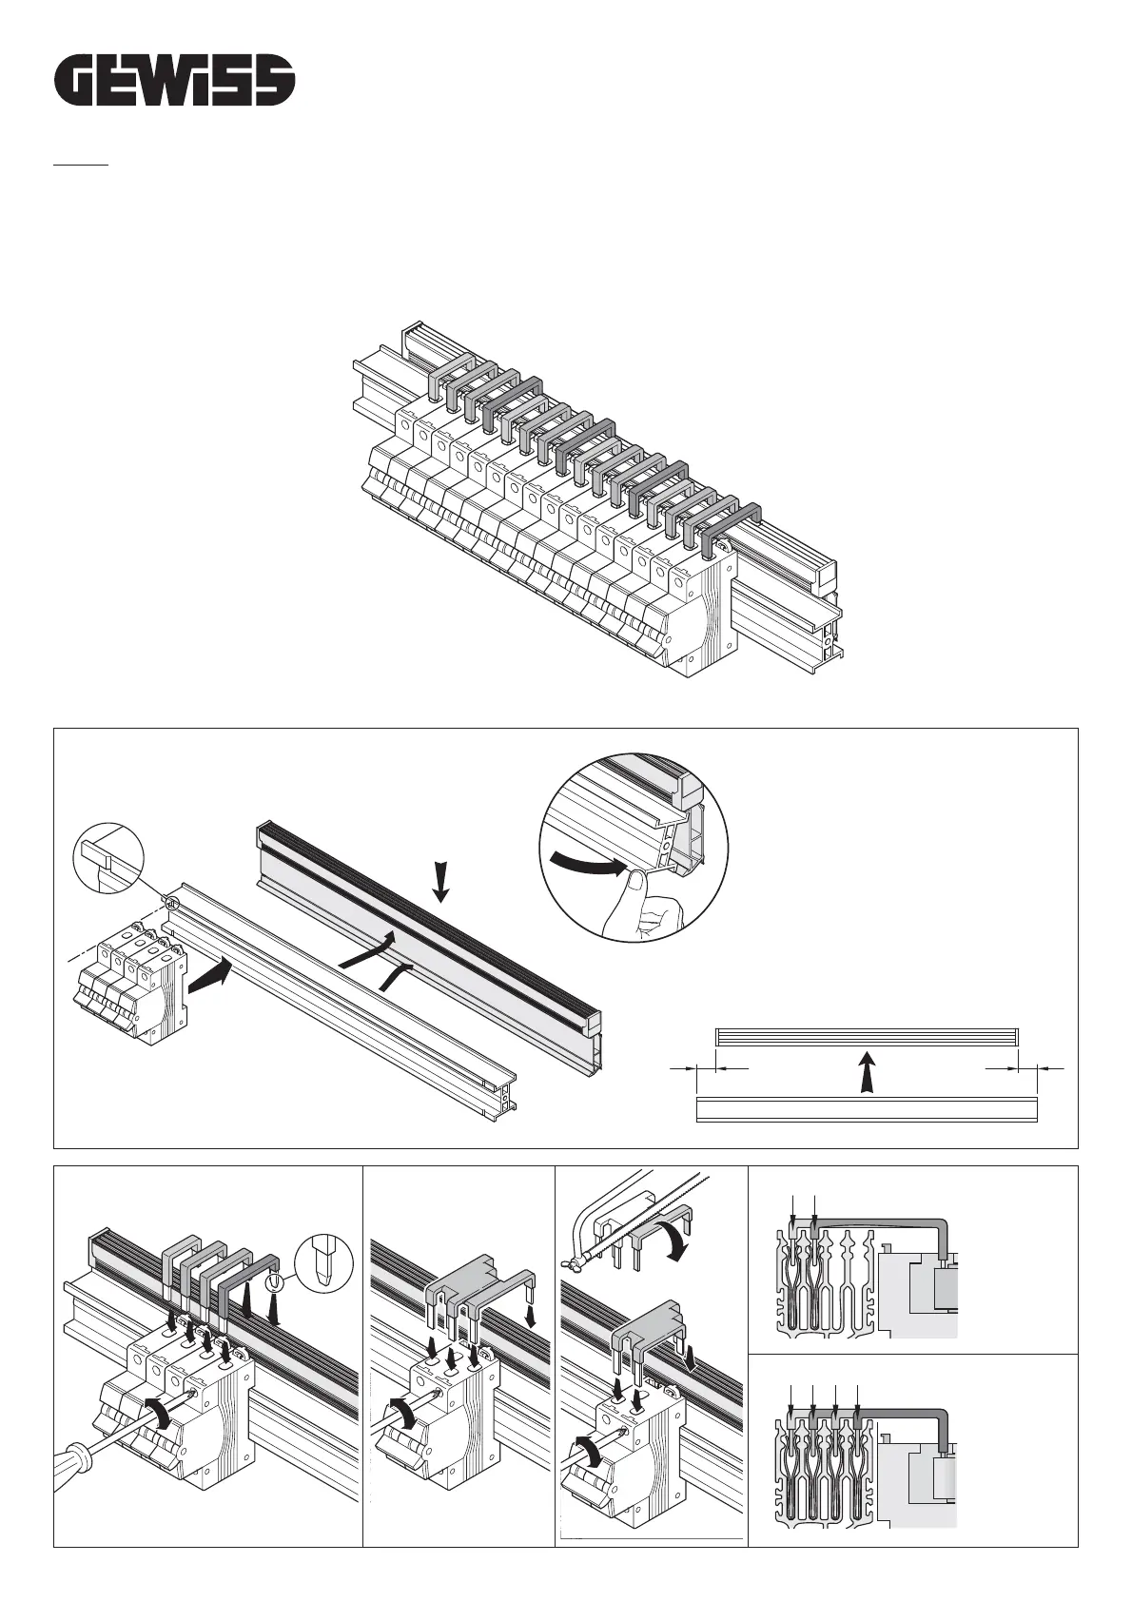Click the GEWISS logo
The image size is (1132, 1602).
click(x=172, y=80)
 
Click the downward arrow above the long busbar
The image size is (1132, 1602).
click(x=439, y=879)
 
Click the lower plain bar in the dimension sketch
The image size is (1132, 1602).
click(x=866, y=1108)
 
